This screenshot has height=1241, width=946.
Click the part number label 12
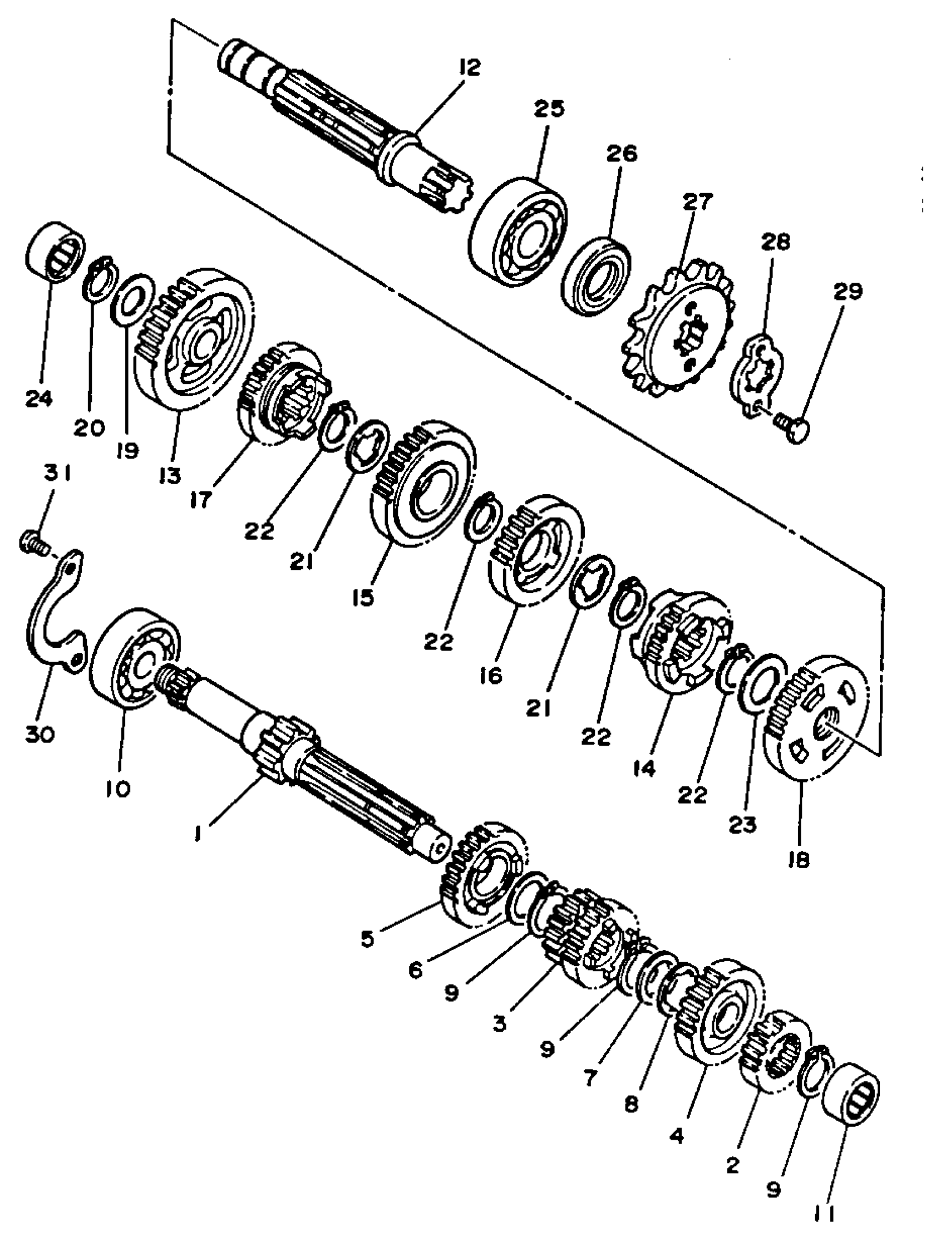click(x=469, y=67)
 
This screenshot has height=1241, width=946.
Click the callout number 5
click(x=367, y=939)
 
